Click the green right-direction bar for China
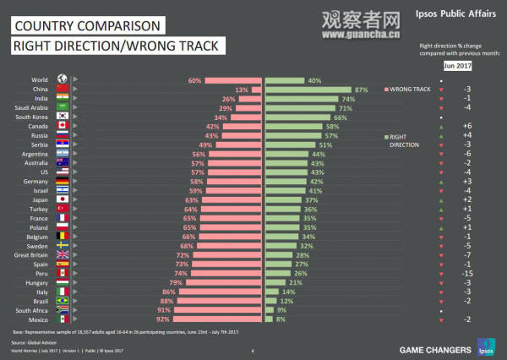(x=308, y=89)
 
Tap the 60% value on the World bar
(x=194, y=79)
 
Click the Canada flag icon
(x=61, y=127)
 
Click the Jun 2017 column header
(x=458, y=64)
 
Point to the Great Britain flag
(x=61, y=254)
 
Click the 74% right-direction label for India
(x=348, y=99)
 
